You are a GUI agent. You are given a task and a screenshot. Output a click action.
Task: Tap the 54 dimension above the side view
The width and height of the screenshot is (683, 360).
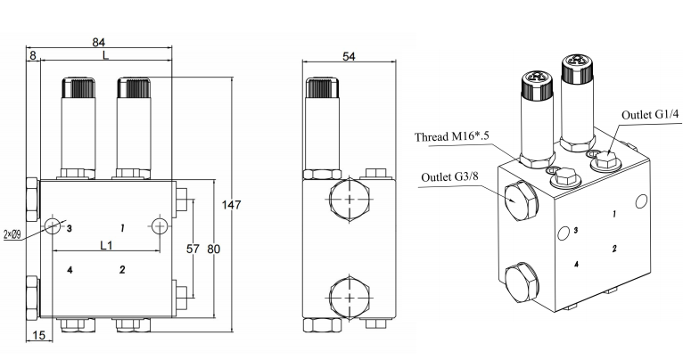point(349,56)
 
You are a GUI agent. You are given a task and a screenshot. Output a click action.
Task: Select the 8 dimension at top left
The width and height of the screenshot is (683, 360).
point(33,55)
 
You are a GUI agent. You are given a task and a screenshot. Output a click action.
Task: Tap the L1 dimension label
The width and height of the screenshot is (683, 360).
point(106,245)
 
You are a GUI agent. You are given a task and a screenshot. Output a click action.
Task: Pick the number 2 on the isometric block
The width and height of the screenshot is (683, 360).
point(615,248)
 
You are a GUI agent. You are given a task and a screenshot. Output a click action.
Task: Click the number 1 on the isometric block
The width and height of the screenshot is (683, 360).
point(614,214)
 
